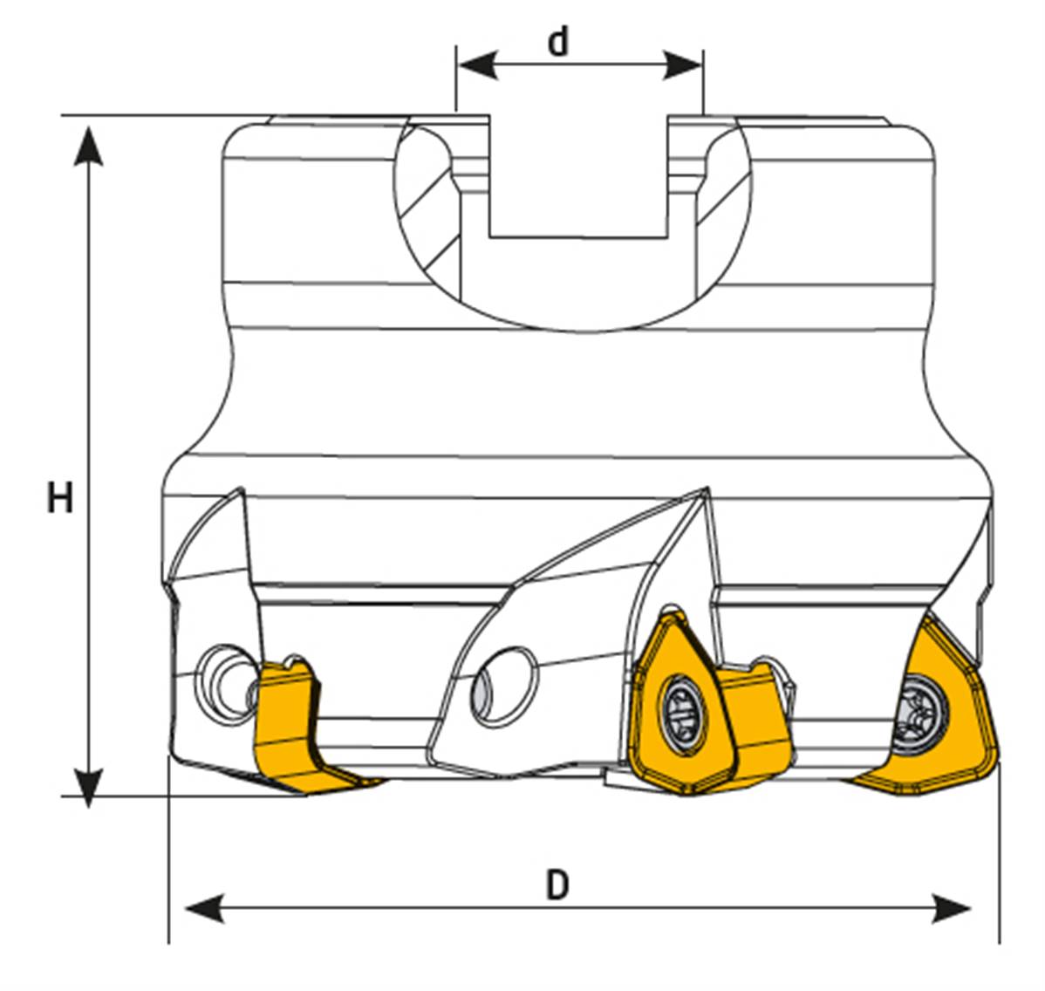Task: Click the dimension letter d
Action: click(558, 41)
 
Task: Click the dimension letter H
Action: click(59, 499)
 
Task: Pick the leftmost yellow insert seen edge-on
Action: click(292, 728)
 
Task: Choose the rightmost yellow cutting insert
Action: click(938, 724)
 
